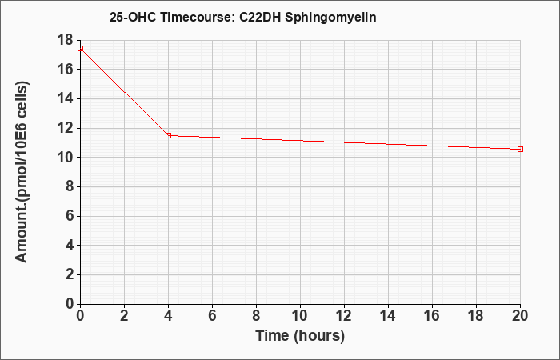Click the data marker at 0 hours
tap(80, 48)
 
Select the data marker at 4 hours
tap(169, 135)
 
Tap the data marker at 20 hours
tap(520, 149)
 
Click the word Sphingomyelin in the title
tap(330, 18)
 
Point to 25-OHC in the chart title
tap(133, 17)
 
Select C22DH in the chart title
tap(260, 17)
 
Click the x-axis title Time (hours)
tap(300, 336)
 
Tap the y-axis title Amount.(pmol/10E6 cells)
tap(22, 172)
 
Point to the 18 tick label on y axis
tap(65, 40)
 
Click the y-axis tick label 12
tap(65, 128)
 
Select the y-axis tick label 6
tap(70, 216)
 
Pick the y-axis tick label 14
tap(65, 98)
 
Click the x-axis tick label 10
tap(300, 316)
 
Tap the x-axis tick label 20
tap(520, 316)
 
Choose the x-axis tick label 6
tap(213, 316)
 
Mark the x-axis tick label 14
tap(388, 316)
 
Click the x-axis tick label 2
tap(124, 316)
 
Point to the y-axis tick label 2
tap(70, 274)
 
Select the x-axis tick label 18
tap(476, 316)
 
